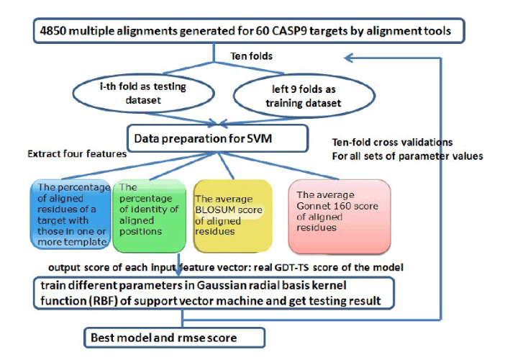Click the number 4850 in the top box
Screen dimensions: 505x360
tap(53, 31)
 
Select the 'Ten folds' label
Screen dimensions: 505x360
tap(252, 56)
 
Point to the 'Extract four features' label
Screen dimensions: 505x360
tap(77, 154)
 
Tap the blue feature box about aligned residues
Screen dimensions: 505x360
tap(70, 214)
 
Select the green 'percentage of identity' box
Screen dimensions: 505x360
tap(149, 215)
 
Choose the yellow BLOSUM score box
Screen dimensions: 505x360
tap(232, 215)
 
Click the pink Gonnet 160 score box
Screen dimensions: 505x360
tap(340, 216)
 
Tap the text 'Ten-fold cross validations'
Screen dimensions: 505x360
tap(392, 142)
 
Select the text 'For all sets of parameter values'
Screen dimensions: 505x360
tap(407, 156)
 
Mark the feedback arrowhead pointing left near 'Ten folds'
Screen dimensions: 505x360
tap(349, 58)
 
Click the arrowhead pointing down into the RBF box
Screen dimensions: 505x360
tap(178, 271)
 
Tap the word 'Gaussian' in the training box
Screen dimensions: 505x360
tap(218, 286)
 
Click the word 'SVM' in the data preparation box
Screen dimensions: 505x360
tap(259, 138)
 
